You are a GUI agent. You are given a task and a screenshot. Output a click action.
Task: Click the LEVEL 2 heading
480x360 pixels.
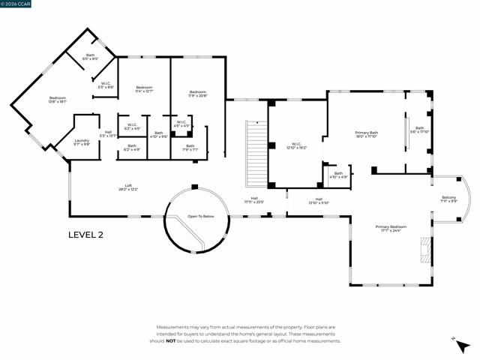point(85,235)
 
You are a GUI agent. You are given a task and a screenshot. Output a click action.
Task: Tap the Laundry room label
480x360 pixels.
point(82,142)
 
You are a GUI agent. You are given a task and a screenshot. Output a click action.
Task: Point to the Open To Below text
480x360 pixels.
point(200,216)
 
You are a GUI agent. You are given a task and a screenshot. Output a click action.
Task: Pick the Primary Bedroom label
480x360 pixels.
point(391,228)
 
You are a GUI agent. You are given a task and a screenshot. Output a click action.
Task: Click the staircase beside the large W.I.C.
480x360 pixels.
point(256,154)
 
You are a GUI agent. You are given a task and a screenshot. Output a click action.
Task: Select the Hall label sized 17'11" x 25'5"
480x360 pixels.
point(254,200)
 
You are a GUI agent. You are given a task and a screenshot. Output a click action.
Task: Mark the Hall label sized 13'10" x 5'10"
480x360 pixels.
point(319,200)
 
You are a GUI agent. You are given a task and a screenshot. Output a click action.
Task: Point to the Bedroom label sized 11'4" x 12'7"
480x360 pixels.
point(144,90)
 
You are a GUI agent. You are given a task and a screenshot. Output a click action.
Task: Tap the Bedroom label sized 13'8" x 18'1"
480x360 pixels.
point(58,100)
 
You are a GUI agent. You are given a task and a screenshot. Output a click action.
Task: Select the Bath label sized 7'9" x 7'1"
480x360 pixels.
point(190,147)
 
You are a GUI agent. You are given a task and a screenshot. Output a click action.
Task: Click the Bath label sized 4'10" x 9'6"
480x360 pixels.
point(158,134)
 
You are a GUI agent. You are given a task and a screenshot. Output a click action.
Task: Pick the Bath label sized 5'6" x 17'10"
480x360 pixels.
point(420,129)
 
